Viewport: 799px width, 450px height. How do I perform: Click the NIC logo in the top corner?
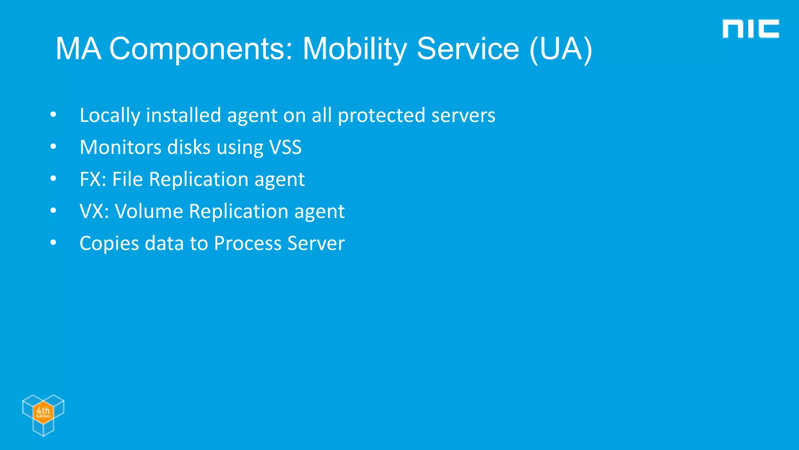coord(750,29)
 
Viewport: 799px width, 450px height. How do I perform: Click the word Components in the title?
coord(201,49)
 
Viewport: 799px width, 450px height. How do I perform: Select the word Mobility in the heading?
coord(354,49)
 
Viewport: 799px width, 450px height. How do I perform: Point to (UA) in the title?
coord(561,49)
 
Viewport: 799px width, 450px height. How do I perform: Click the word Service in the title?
coord(468,49)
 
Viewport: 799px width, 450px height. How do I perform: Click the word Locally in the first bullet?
coord(110,116)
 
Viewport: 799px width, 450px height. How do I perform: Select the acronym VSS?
coord(286,148)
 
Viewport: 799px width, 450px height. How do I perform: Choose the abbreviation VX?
coord(94,212)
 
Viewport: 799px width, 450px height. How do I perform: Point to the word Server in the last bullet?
coord(316,244)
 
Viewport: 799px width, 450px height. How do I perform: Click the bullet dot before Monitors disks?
coord(53,147)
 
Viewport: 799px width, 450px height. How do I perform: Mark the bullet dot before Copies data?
coord(53,243)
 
